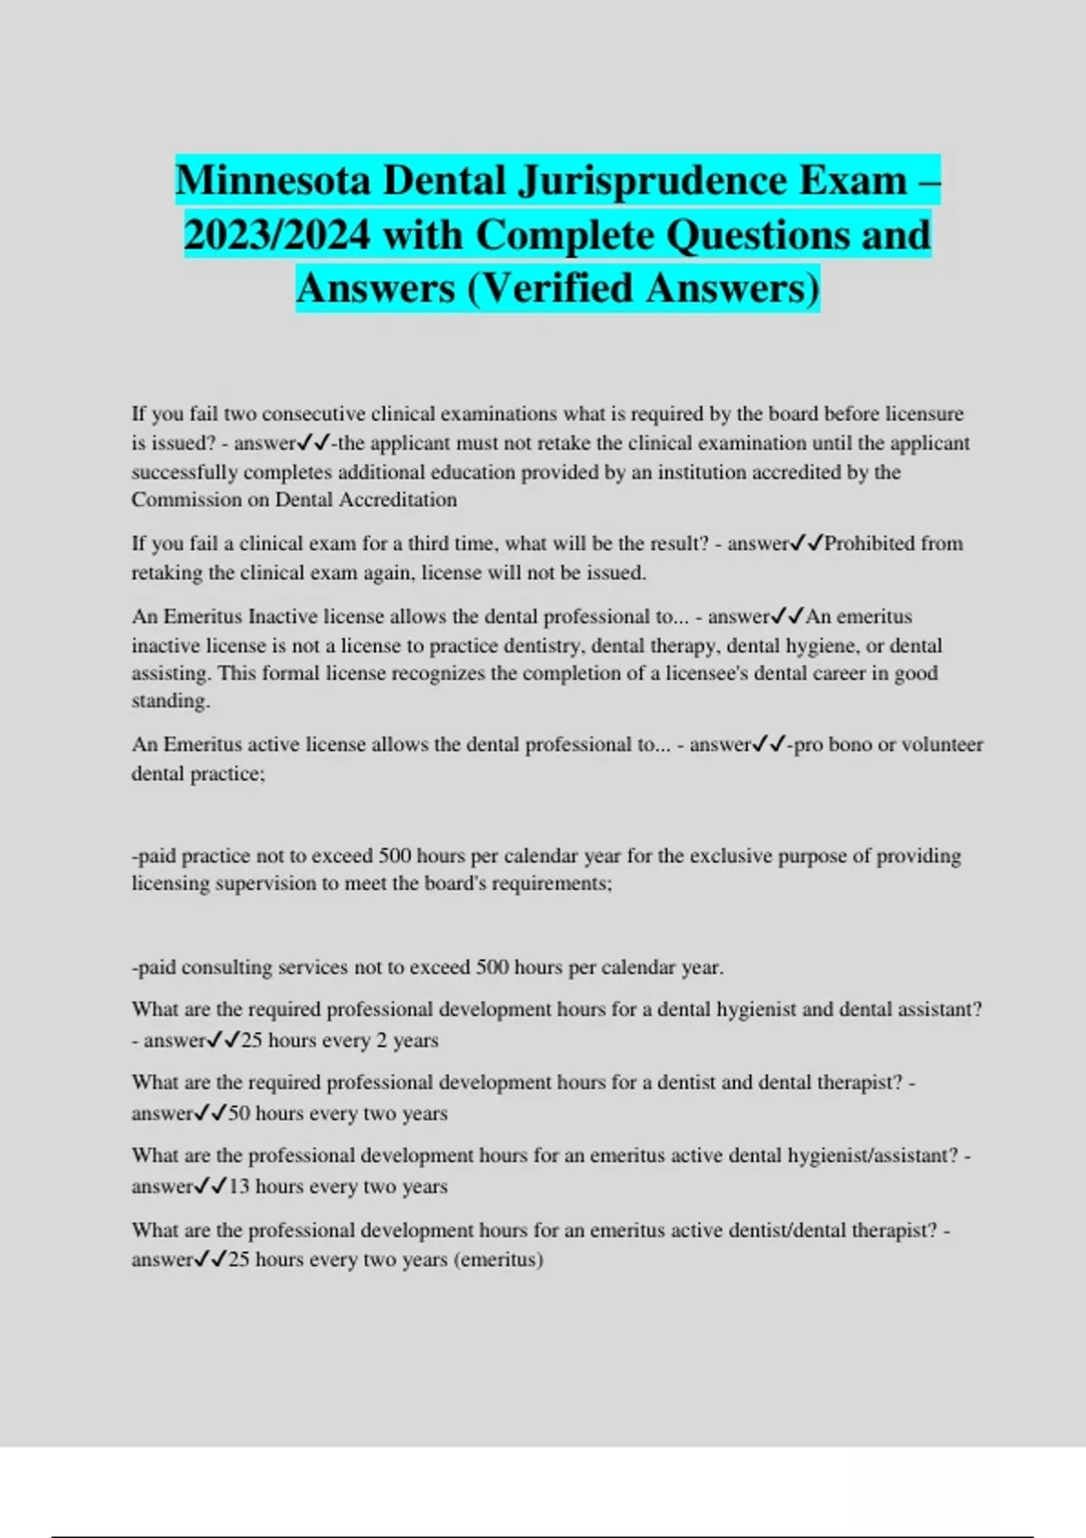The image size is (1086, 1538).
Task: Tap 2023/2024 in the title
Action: point(277,234)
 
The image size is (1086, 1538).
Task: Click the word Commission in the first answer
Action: point(186,499)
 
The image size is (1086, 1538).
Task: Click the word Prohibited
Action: point(871,544)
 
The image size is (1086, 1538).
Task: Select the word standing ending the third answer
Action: point(169,701)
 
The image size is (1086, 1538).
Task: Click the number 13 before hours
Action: point(239,1187)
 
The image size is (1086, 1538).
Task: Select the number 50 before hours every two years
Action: point(239,1114)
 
